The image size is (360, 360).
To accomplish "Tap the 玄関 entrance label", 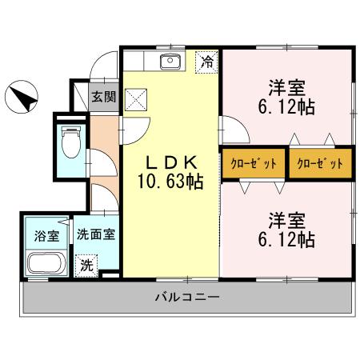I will pyautogui.click(x=102, y=98).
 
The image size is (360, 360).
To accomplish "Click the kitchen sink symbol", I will pyautogui.click(x=170, y=62).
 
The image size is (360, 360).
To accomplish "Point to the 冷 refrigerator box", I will pyautogui.click(x=207, y=62).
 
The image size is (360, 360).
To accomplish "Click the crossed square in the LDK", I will pyautogui.click(x=137, y=98).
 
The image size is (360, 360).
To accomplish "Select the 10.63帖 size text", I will pyautogui.click(x=169, y=182).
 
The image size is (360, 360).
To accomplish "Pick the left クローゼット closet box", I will pyautogui.click(x=254, y=162).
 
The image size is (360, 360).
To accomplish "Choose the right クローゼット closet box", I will pyautogui.click(x=320, y=162).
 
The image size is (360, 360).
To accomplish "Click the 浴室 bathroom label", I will pyautogui.click(x=46, y=236).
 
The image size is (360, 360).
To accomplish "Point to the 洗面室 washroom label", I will pyautogui.click(x=96, y=236).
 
